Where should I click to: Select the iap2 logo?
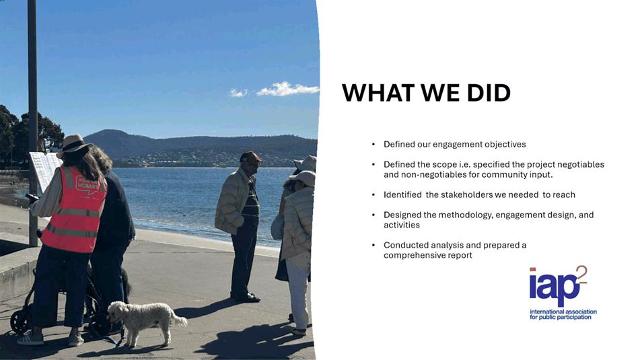point(563,293)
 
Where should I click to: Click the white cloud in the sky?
point(287,89)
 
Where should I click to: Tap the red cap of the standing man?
point(250,157)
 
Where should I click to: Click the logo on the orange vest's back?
point(87,184)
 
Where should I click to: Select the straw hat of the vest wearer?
point(73,145)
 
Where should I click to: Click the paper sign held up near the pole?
point(44,170)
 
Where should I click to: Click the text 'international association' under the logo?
point(563,312)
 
